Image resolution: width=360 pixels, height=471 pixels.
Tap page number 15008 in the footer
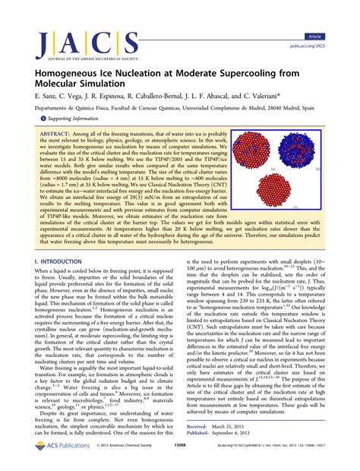pyautogui.click(x=180, y=460)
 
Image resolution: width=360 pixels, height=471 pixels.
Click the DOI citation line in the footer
pyautogui.click(x=282, y=460)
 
